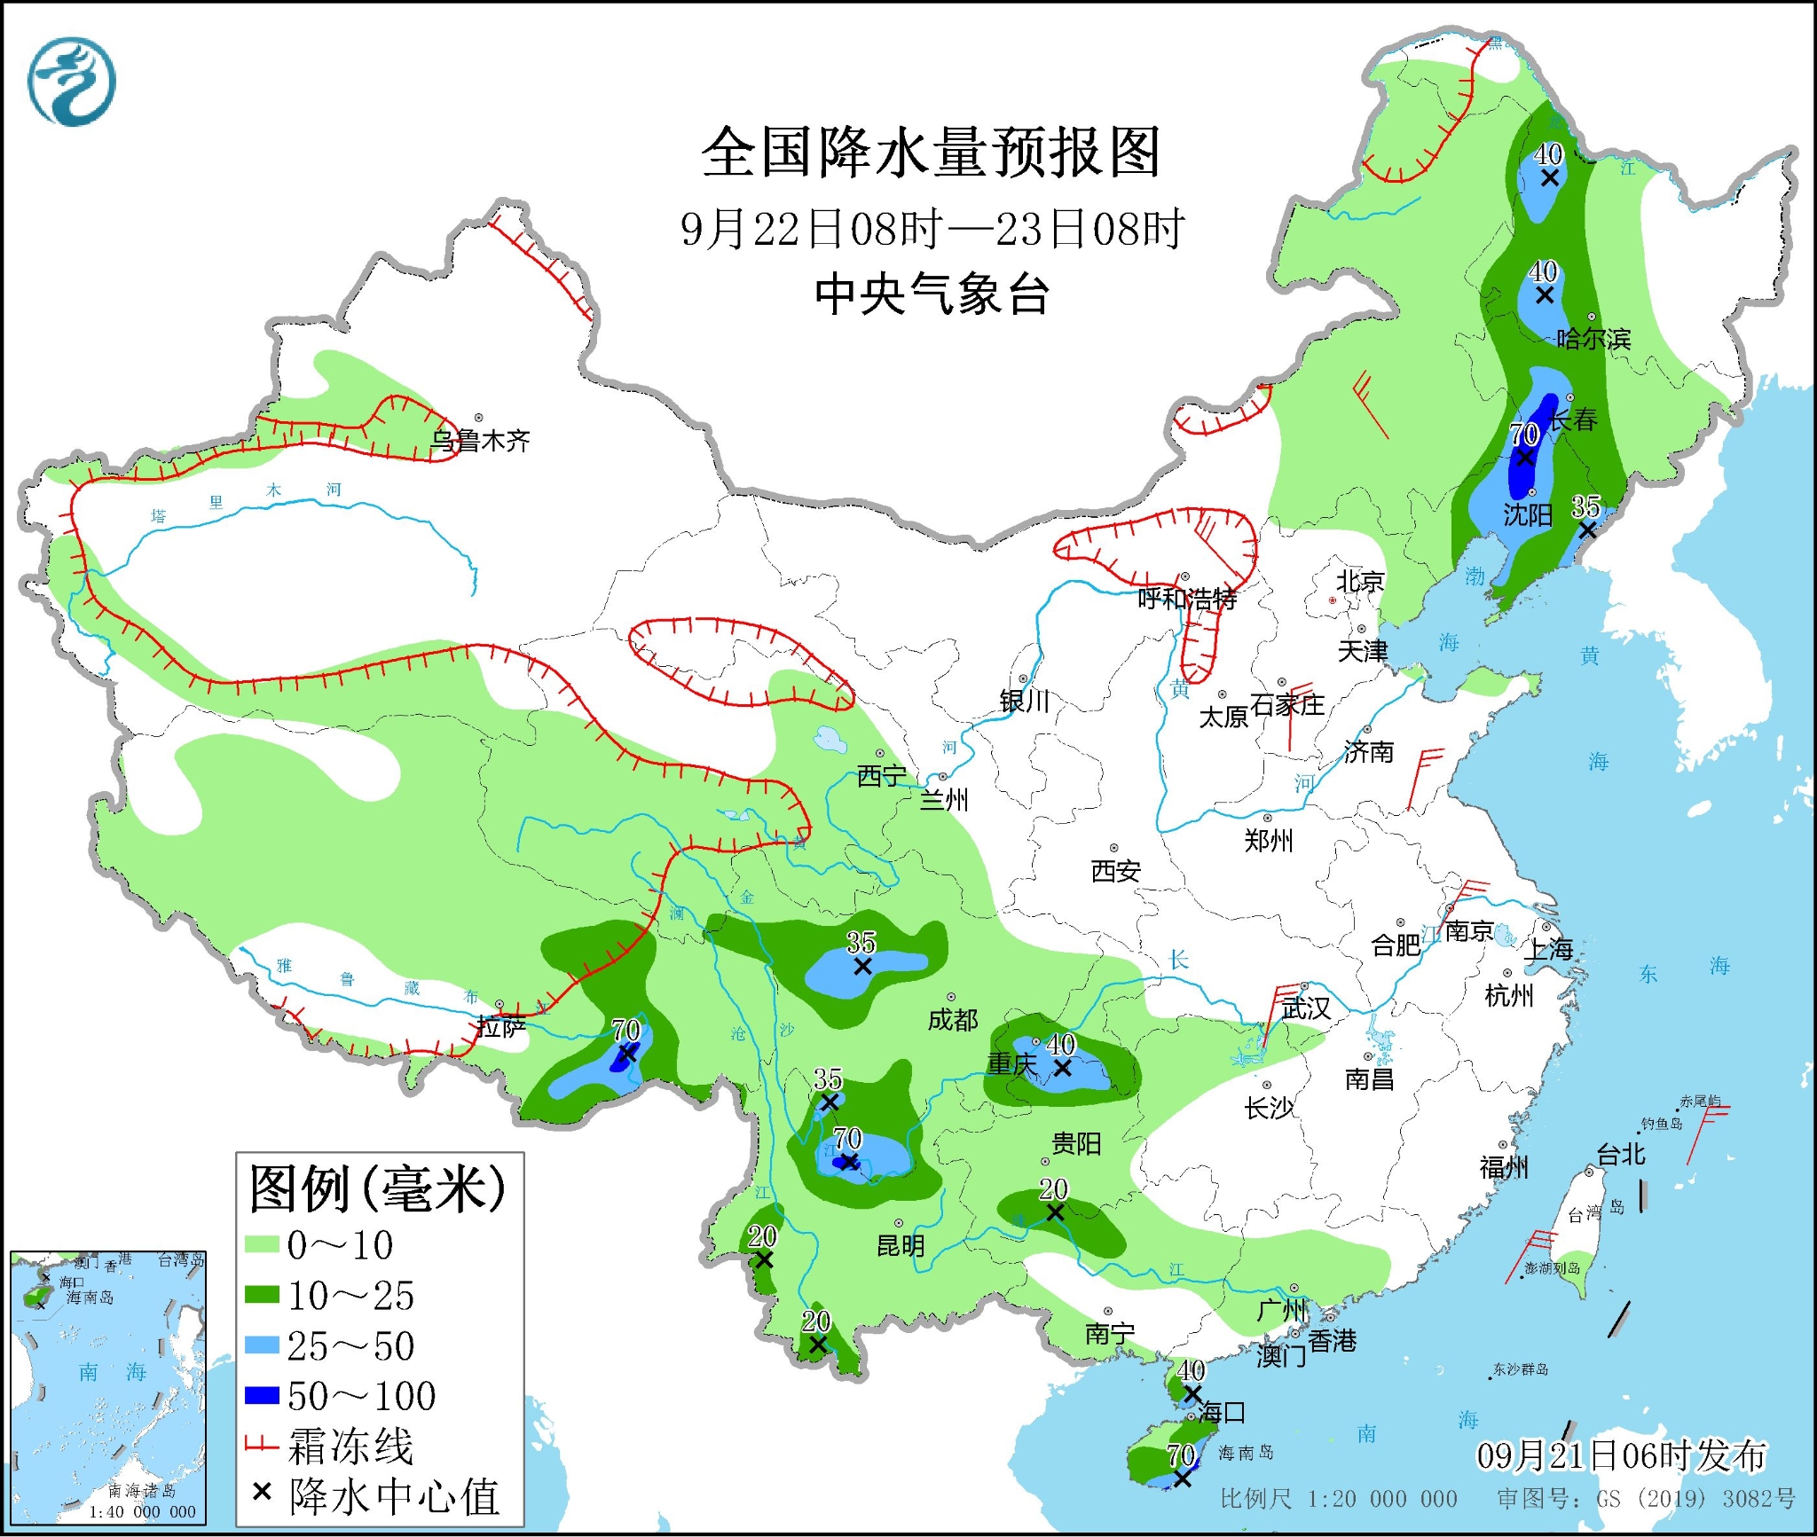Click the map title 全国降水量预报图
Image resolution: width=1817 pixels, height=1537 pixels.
(931, 153)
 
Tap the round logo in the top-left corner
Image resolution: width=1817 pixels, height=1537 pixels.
(71, 82)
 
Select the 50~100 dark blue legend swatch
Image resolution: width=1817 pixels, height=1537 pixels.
(263, 1396)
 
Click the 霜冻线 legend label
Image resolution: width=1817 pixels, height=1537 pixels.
(350, 1447)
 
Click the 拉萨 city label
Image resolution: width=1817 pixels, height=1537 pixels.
(501, 1027)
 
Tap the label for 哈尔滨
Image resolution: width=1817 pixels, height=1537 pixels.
(1593, 339)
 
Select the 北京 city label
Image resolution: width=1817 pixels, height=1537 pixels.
(1360, 582)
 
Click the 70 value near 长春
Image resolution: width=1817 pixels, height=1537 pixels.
(1524, 435)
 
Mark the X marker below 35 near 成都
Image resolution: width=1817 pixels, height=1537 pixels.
(862, 967)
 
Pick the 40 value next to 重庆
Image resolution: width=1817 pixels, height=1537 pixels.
(1061, 1045)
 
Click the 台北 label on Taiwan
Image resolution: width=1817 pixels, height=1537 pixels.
(1621, 1155)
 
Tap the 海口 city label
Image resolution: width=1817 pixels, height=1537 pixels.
(1222, 1412)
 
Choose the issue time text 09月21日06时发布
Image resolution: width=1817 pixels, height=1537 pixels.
(1621, 1455)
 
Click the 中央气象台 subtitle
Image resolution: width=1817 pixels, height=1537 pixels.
(932, 294)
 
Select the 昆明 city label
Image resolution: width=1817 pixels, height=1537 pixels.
(901, 1245)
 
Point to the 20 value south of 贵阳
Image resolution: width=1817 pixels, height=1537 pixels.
(1053, 1189)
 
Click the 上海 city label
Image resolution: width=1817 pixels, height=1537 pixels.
(1548, 950)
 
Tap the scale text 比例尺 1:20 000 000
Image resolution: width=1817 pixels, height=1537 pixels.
(1338, 1499)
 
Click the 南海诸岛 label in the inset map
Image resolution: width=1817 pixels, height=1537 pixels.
(142, 1491)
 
